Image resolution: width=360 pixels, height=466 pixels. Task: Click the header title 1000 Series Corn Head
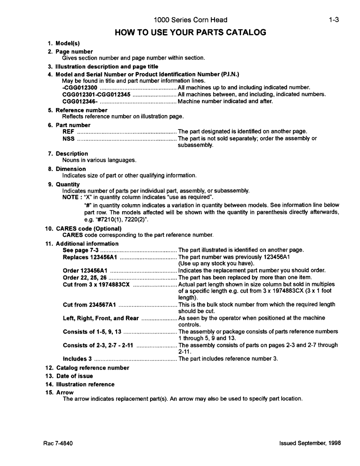coord(190,20)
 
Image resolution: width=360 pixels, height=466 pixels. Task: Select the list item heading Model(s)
coord(68,43)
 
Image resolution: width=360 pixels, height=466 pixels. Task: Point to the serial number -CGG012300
coord(80,88)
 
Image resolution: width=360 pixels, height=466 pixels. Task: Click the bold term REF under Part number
coord(68,132)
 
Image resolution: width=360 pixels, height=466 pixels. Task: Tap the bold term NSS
coord(68,138)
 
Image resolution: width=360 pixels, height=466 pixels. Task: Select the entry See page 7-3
coord(80,250)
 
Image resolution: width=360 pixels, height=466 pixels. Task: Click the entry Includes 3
coord(77,359)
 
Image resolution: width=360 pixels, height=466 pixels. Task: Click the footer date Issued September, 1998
coord(310,443)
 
